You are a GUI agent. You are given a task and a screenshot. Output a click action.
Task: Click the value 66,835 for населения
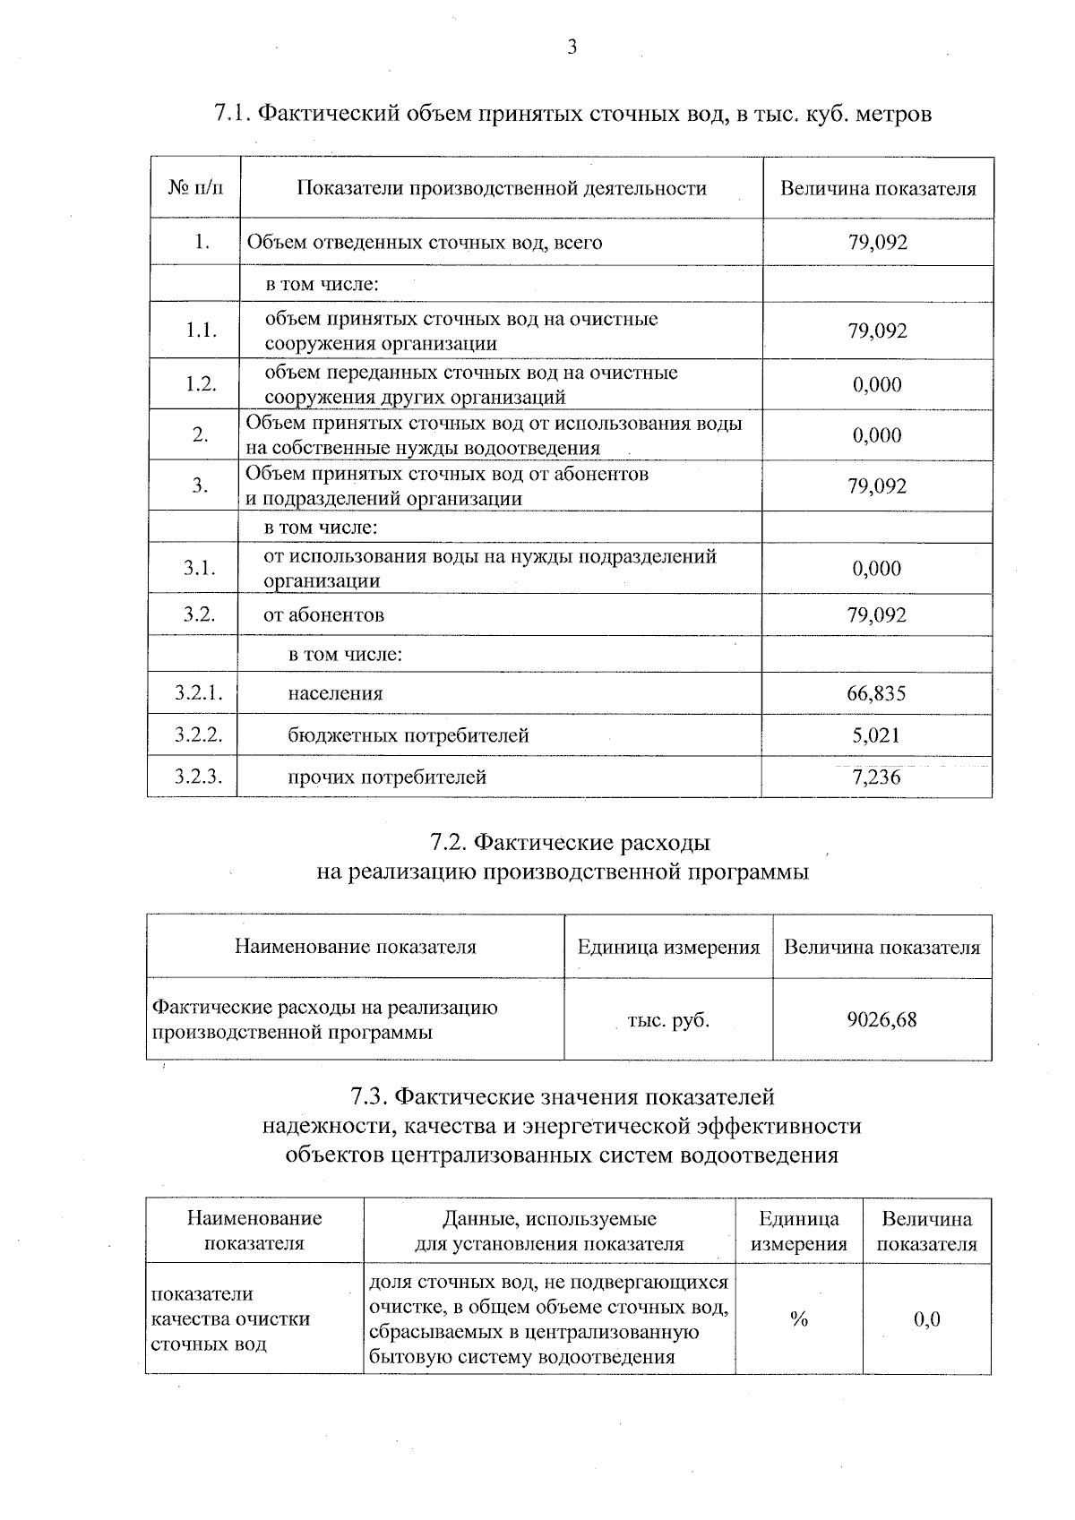click(x=876, y=693)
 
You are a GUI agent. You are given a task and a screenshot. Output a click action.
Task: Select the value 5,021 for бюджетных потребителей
click(x=876, y=735)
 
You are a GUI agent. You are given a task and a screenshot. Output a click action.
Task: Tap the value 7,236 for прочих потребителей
click(x=876, y=777)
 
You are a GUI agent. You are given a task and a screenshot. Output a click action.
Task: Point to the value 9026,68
click(x=881, y=1019)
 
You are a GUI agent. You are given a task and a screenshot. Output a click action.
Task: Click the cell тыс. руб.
click(x=668, y=1019)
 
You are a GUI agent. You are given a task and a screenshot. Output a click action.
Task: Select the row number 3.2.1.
click(x=198, y=693)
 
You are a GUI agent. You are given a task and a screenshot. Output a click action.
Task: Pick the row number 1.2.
click(x=202, y=384)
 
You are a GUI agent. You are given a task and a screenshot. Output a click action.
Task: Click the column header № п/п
click(x=196, y=189)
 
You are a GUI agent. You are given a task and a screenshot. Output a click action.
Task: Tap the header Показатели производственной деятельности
click(x=502, y=189)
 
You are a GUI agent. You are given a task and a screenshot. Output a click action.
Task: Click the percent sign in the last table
click(x=798, y=1319)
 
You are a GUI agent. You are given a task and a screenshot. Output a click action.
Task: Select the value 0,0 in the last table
click(x=926, y=1319)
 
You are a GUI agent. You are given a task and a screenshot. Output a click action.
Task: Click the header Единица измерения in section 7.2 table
click(x=668, y=947)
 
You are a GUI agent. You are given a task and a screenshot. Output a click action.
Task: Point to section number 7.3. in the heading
click(x=368, y=1096)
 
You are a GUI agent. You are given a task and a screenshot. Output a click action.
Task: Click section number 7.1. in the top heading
click(x=236, y=115)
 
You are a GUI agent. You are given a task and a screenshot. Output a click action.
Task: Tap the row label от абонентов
click(x=323, y=615)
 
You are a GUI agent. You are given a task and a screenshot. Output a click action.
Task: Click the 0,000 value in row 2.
click(x=876, y=435)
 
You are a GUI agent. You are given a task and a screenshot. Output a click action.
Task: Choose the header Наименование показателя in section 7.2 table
click(x=355, y=947)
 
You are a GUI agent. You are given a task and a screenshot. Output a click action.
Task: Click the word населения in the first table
click(x=335, y=693)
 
